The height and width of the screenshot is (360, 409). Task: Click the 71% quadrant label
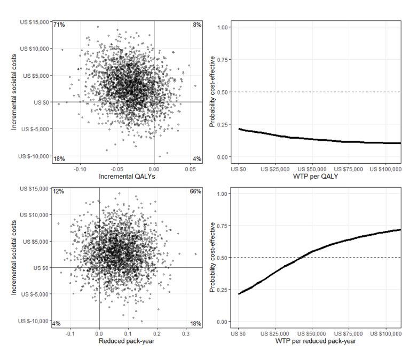click(58, 25)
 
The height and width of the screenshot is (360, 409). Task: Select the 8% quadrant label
click(197, 25)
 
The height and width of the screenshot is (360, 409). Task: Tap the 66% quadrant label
click(195, 191)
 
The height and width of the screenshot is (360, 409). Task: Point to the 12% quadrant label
click(58, 191)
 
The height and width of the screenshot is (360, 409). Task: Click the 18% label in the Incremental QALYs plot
click(58, 159)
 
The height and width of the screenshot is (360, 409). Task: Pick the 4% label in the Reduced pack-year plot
click(57, 324)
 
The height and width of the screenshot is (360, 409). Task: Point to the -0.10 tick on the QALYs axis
click(80, 168)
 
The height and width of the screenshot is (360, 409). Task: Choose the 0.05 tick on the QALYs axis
click(189, 168)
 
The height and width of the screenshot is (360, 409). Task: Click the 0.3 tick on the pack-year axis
click(185, 333)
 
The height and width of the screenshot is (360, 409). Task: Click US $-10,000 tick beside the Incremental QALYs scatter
click(34, 156)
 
